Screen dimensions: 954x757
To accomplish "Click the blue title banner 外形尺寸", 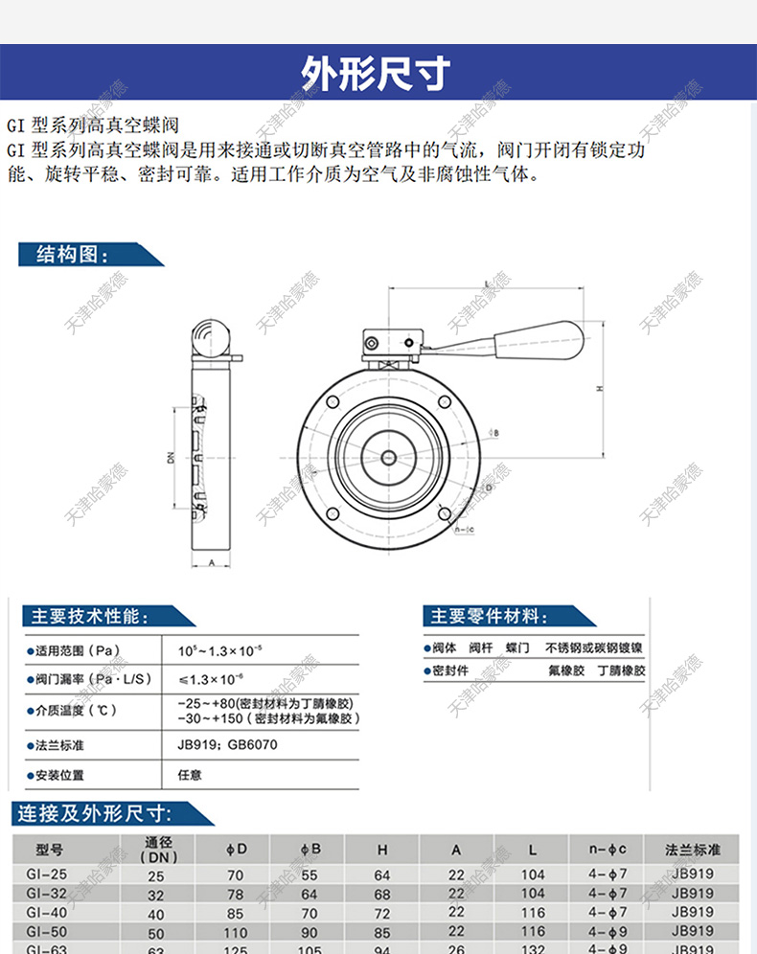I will (378, 73).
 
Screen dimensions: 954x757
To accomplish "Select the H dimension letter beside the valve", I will (599, 389).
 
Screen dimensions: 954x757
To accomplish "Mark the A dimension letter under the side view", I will (210, 563).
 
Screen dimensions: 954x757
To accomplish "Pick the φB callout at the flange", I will (495, 433).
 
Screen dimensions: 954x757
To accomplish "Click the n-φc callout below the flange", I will (463, 529).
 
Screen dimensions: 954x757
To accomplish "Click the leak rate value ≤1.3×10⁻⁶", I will (210, 679).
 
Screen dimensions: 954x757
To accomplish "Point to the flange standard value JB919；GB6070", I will (227, 743).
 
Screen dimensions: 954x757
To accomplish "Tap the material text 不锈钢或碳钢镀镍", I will (594, 647).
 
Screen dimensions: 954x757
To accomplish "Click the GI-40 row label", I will (47, 913).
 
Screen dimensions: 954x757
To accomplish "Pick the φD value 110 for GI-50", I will (235, 931).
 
